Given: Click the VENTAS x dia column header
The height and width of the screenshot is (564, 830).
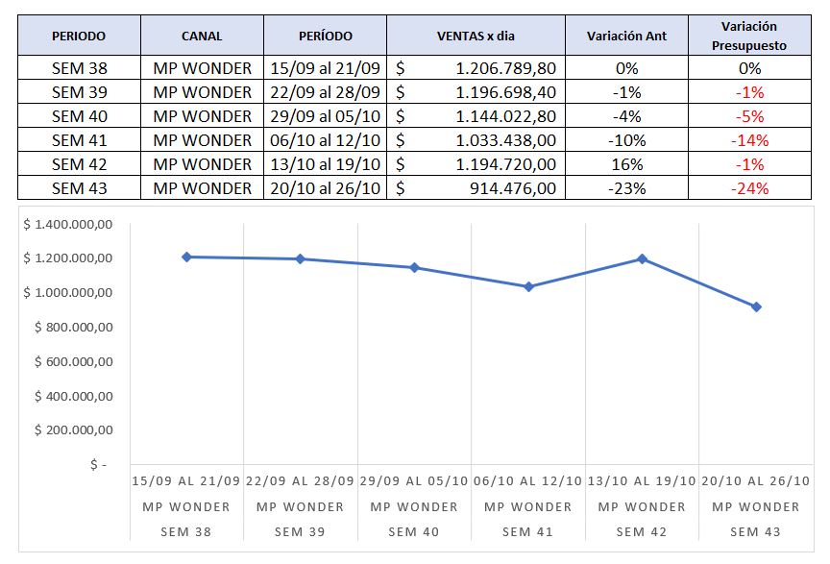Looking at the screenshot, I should (x=476, y=37).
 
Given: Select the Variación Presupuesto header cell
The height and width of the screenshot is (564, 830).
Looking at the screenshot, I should (x=749, y=36).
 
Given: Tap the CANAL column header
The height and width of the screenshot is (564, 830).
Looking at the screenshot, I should (x=202, y=37).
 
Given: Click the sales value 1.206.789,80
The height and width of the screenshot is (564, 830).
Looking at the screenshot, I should (x=505, y=68).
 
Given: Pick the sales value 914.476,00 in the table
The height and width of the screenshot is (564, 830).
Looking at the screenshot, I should (x=515, y=188).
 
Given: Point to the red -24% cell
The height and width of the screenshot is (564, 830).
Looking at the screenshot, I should (x=749, y=188).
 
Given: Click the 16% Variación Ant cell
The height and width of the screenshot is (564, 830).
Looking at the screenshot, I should (x=626, y=164).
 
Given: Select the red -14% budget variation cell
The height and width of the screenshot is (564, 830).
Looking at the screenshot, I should (x=749, y=140).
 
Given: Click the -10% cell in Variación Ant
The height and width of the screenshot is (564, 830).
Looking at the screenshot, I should (x=626, y=140).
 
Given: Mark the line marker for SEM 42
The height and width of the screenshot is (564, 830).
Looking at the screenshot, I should (x=642, y=258).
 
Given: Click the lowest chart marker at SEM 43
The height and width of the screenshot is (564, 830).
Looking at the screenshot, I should (x=756, y=307).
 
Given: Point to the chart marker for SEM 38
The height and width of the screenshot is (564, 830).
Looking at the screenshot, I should (x=185, y=257).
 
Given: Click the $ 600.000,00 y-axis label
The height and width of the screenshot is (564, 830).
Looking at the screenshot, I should (x=74, y=361).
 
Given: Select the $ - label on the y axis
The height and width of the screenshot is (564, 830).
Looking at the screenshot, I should (x=97, y=464).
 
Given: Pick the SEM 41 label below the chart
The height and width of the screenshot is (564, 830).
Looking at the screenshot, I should (x=527, y=531).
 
